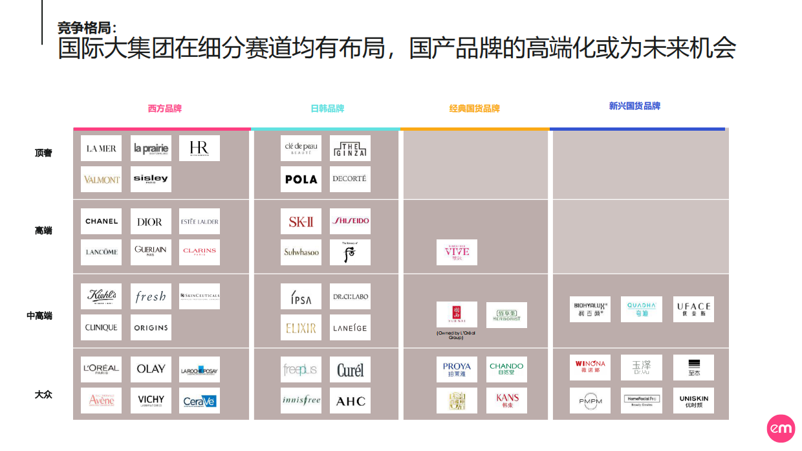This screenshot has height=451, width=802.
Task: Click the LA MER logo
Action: [x=101, y=148]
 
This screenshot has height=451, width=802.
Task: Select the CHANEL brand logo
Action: [x=101, y=221]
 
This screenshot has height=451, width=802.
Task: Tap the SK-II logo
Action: [x=301, y=221]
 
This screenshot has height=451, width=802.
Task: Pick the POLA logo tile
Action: [x=301, y=179]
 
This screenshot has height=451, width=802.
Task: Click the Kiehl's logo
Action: [x=101, y=296]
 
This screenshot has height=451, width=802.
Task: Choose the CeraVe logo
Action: [x=199, y=401]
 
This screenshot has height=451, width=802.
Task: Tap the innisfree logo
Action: [x=301, y=401]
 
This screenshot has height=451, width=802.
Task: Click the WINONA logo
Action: [x=590, y=368]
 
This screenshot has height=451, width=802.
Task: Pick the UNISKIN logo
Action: [x=693, y=401]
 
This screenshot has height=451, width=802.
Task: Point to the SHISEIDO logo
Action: [x=350, y=221]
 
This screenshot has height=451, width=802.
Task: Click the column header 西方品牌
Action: [x=165, y=109]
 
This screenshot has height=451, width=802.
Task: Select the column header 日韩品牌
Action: [x=327, y=109]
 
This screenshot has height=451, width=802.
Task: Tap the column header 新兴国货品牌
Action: [x=634, y=106]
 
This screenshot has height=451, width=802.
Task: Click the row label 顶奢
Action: [x=43, y=153]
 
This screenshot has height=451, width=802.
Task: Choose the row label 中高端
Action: [x=39, y=316]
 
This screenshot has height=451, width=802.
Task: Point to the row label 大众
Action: [x=43, y=394]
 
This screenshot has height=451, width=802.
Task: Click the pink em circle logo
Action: [x=781, y=429]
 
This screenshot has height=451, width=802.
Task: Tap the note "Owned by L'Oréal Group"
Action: [x=457, y=335]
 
